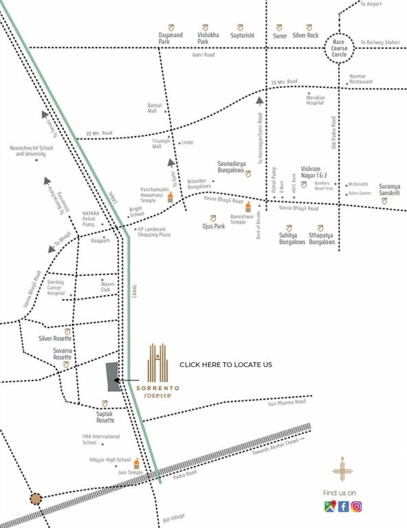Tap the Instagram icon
tap(357, 507)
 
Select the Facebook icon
tap(343, 507)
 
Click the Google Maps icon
tap(329, 507)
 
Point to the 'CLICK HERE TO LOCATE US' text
tap(225, 364)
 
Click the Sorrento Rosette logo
tap(157, 371)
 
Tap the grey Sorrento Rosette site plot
tap(113, 377)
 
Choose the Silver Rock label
tap(305, 35)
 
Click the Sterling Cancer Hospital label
tap(56, 287)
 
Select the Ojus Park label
tap(214, 225)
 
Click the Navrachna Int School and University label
tap(34, 151)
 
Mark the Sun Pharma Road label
tap(285, 404)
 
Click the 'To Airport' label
tap(371, 4)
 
